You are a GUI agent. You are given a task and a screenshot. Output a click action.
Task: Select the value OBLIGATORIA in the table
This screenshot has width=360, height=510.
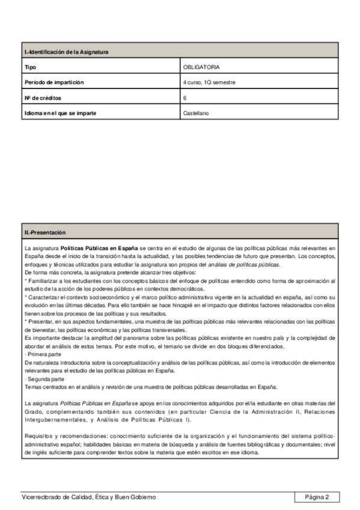(201, 67)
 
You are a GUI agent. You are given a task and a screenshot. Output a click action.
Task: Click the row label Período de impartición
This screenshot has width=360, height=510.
(53, 82)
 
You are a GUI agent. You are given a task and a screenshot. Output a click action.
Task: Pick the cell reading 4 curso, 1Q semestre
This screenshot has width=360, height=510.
(209, 82)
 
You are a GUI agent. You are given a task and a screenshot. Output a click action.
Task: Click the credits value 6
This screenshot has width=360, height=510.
(185, 97)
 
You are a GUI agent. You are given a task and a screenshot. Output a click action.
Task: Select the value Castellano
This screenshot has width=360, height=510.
(196, 112)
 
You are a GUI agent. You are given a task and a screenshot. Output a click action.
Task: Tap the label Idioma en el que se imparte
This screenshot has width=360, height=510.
(60, 112)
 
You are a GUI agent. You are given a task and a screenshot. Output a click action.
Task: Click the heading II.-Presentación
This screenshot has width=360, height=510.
(45, 232)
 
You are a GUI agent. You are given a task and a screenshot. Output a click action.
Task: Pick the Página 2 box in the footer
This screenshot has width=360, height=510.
(317, 497)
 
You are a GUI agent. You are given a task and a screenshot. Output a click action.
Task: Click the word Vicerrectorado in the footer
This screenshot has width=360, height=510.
(40, 497)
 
